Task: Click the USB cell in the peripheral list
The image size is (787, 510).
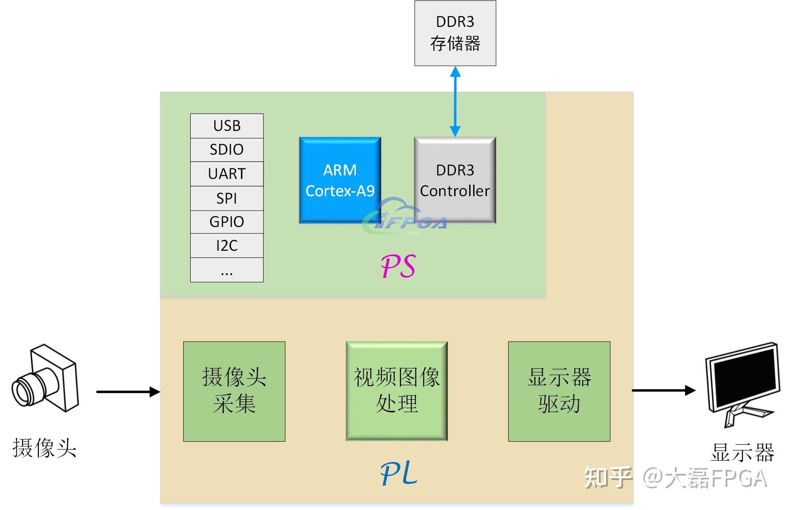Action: tap(226, 126)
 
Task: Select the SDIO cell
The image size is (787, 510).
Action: tap(226, 149)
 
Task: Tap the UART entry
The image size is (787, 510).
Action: tap(226, 174)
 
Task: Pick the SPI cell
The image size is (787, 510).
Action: tap(226, 198)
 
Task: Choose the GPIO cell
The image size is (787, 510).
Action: tap(226, 222)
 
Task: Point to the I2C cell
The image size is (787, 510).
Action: tap(226, 246)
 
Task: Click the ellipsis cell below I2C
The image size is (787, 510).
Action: tap(226, 270)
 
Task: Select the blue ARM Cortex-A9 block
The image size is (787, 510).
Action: tap(340, 180)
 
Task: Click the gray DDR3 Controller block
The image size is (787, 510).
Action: tap(455, 180)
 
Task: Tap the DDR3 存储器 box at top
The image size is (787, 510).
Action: tap(455, 33)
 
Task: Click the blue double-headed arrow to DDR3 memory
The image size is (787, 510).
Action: tap(455, 101)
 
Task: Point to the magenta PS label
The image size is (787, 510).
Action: tap(398, 266)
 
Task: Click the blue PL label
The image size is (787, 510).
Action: tap(399, 473)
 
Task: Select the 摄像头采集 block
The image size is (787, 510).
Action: tap(234, 391)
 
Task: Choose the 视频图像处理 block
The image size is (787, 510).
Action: tap(396, 391)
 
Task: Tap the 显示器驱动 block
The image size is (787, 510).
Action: tap(559, 391)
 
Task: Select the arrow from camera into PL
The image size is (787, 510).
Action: tap(128, 391)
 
